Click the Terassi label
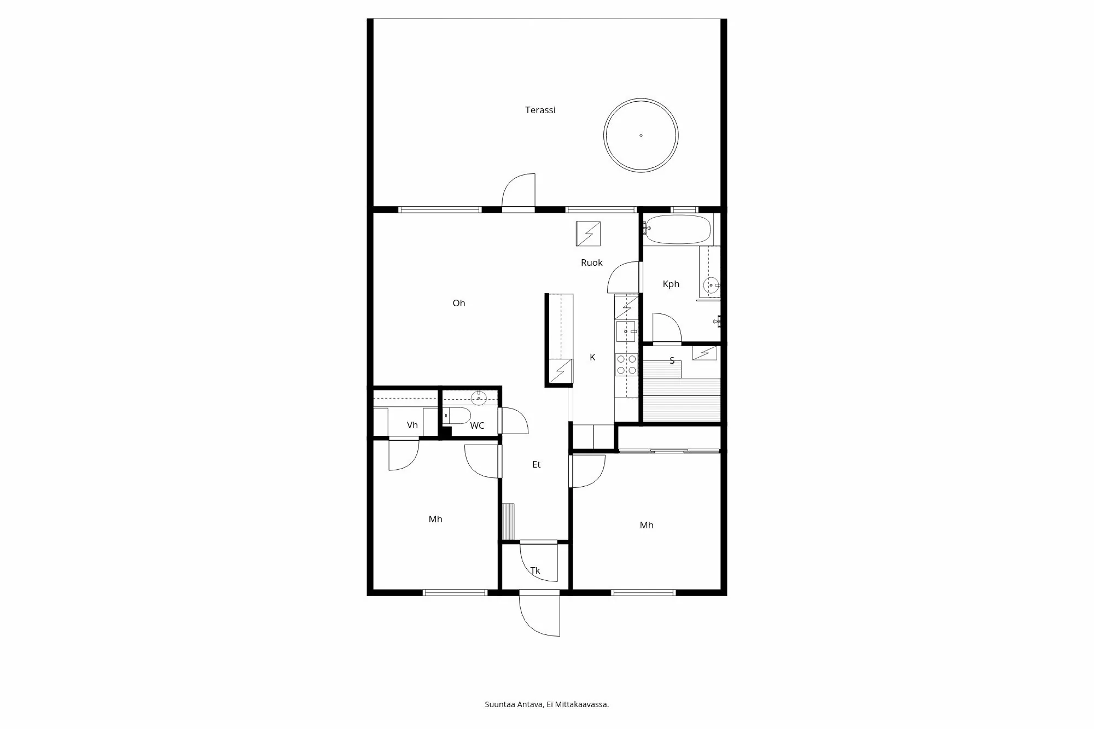click(x=540, y=110)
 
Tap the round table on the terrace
click(x=641, y=135)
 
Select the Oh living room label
click(x=458, y=303)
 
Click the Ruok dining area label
click(x=591, y=263)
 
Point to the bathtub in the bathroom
click(x=678, y=229)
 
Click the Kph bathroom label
click(x=671, y=284)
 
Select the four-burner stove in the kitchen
click(x=626, y=365)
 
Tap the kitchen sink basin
click(x=625, y=331)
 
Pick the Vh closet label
click(x=412, y=425)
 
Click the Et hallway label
click(x=536, y=464)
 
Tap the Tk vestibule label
click(x=535, y=570)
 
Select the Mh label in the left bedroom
click(x=435, y=519)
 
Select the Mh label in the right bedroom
click(x=646, y=525)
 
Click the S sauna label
click(x=672, y=360)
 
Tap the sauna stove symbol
click(x=705, y=353)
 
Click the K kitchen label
click(x=592, y=357)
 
